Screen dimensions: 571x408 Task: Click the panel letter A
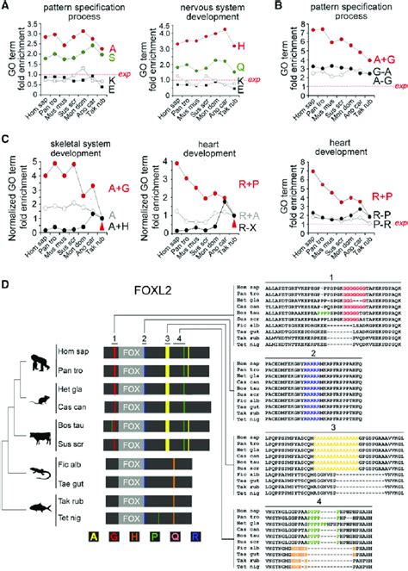tap(5, 6)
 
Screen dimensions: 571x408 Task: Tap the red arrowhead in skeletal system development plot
tap(105, 225)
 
